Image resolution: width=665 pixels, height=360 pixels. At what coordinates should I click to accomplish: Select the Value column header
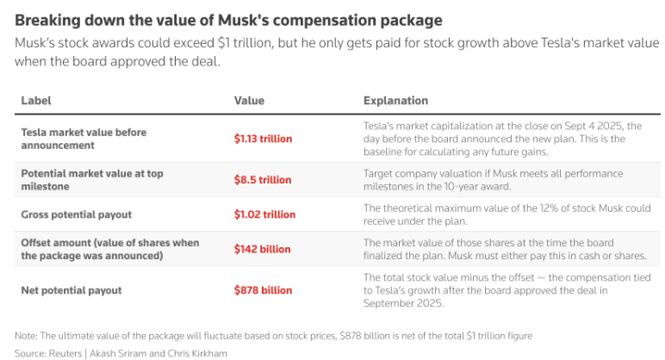pyautogui.click(x=249, y=101)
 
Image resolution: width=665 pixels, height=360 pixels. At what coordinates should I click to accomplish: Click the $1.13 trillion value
pyautogui.click(x=263, y=139)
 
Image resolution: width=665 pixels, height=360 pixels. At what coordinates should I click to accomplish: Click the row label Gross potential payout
pyautogui.click(x=77, y=213)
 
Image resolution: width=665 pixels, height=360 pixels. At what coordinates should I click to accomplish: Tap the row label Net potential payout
pyautogui.click(x=70, y=290)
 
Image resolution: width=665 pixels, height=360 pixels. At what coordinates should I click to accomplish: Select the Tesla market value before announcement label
pyautogui.click(x=84, y=139)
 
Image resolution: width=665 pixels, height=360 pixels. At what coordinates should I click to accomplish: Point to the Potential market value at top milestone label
pyautogui.click(x=91, y=179)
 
